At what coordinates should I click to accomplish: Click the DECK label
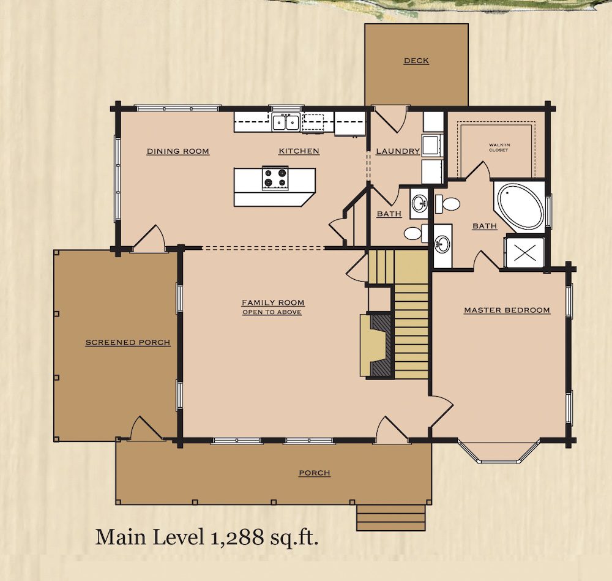point(416,61)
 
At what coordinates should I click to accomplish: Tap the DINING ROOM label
point(178,151)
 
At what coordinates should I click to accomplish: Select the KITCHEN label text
point(299,151)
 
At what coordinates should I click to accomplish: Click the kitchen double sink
point(286,122)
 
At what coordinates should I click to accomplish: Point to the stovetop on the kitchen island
point(275,178)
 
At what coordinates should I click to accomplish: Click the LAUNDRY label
point(398,151)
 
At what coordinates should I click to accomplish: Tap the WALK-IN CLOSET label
point(499,147)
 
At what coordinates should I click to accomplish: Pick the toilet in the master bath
point(447,204)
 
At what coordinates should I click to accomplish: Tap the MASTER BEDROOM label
point(507,310)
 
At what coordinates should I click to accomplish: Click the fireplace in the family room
point(376,345)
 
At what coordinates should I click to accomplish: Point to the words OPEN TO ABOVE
point(272,312)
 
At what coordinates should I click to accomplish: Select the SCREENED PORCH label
point(128,342)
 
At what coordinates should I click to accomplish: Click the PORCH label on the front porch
point(315,473)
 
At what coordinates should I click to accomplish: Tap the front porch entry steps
point(391,517)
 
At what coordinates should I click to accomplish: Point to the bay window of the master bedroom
point(499,452)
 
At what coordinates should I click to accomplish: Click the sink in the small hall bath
point(420,203)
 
